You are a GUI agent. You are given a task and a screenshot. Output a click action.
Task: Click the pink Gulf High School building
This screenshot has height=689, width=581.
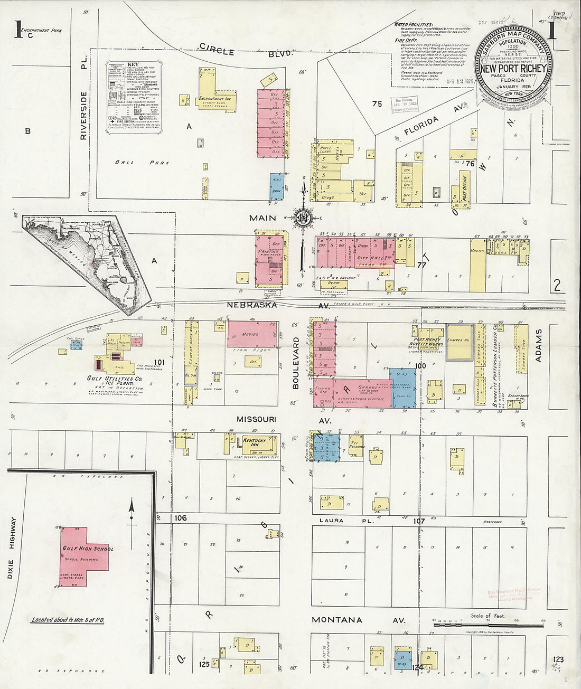click(85, 555)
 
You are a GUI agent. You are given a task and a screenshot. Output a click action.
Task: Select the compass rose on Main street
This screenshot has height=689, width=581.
click(303, 218)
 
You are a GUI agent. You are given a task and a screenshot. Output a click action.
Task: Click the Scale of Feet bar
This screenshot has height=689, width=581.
click(488, 625)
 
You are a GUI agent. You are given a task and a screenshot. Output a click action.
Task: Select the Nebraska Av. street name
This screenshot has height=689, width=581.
click(278, 305)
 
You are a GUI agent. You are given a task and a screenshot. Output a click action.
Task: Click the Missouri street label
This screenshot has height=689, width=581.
click(256, 419)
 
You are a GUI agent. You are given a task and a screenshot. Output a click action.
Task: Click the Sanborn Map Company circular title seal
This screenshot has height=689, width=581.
click(513, 62)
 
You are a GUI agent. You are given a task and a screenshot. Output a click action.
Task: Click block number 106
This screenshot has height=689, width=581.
click(181, 518)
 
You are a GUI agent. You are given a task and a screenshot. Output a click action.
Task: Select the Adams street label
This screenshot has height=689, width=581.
click(539, 345)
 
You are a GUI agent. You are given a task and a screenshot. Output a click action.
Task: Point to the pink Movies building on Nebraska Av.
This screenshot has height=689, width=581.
click(252, 334)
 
